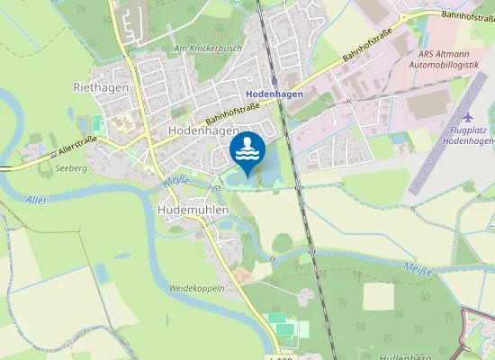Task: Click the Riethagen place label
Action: pyautogui.click(x=101, y=87)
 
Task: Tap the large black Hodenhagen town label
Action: pyautogui.click(x=202, y=130)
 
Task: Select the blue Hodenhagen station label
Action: pyautogui.click(x=273, y=94)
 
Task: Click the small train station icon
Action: pyautogui.click(x=274, y=81)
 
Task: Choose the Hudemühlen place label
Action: pyautogui.click(x=193, y=209)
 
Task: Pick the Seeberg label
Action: pyautogui.click(x=70, y=168)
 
